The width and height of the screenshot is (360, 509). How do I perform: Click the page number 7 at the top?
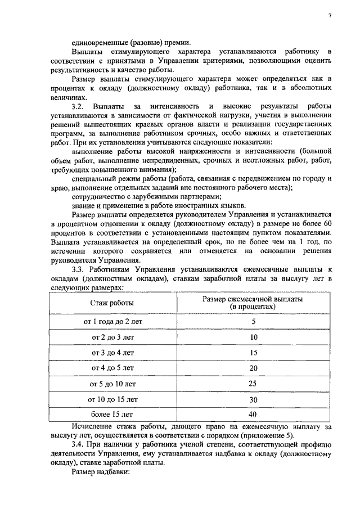(330, 15)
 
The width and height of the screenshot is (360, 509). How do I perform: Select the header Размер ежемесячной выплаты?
(253, 300)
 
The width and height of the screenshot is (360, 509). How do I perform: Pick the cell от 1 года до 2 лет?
(112, 322)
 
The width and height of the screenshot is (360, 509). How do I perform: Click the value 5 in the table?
(253, 322)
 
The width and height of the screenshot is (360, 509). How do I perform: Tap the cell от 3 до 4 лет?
(112, 353)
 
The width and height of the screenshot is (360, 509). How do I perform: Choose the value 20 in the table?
(253, 368)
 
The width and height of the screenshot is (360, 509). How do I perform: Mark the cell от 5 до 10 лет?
(112, 384)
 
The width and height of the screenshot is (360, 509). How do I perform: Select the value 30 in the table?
(253, 400)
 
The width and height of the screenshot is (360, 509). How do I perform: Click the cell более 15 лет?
(112, 415)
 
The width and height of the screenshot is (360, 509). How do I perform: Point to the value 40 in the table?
(253, 415)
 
